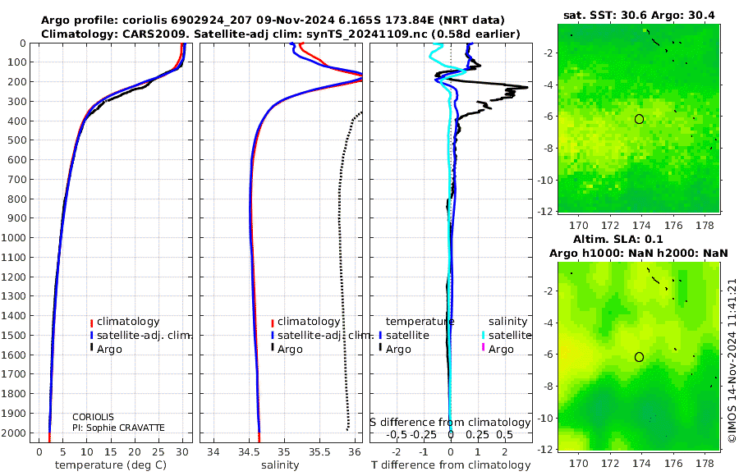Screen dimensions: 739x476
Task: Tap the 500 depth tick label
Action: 17,140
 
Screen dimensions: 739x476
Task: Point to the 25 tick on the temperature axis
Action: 158,452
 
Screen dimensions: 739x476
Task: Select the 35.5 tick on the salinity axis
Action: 319,452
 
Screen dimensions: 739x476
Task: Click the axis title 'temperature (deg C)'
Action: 111,465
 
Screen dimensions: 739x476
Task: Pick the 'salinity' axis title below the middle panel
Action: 280,465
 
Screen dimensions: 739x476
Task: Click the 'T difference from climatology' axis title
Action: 451,465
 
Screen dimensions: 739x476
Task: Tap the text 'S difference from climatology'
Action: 450,423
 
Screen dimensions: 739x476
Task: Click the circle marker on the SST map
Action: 639,119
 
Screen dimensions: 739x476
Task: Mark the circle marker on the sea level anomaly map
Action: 639,357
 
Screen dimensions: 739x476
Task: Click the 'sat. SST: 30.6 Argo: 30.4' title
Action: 639,16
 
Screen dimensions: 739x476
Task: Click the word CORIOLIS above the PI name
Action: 93,417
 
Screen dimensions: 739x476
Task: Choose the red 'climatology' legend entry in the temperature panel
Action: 125,322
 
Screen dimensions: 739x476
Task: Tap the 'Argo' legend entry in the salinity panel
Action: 287,350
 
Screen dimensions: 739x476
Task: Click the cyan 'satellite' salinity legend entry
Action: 506,336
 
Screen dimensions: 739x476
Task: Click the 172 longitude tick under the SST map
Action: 610,226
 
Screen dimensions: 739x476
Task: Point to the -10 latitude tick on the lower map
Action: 545,418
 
